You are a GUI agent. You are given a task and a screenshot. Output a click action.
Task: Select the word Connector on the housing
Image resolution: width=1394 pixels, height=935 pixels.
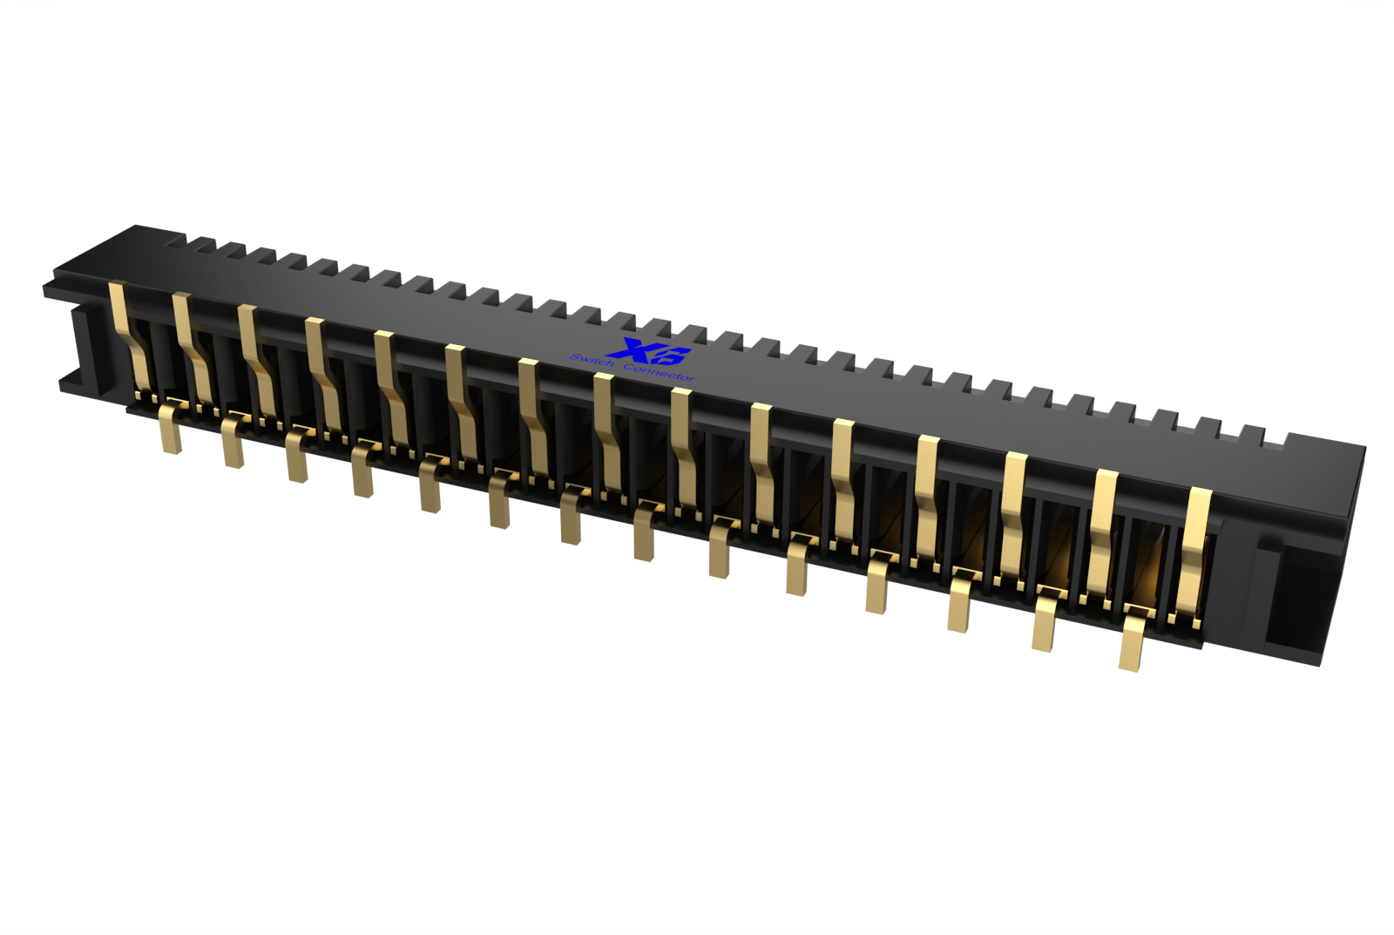tap(659, 371)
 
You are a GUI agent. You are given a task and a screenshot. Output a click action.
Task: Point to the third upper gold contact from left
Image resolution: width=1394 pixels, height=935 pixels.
tap(258, 364)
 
